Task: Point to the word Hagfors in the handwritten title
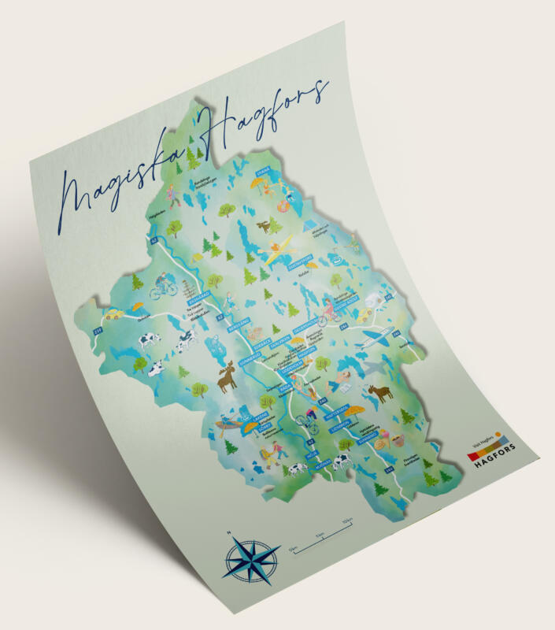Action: pyautogui.click(x=260, y=118)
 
